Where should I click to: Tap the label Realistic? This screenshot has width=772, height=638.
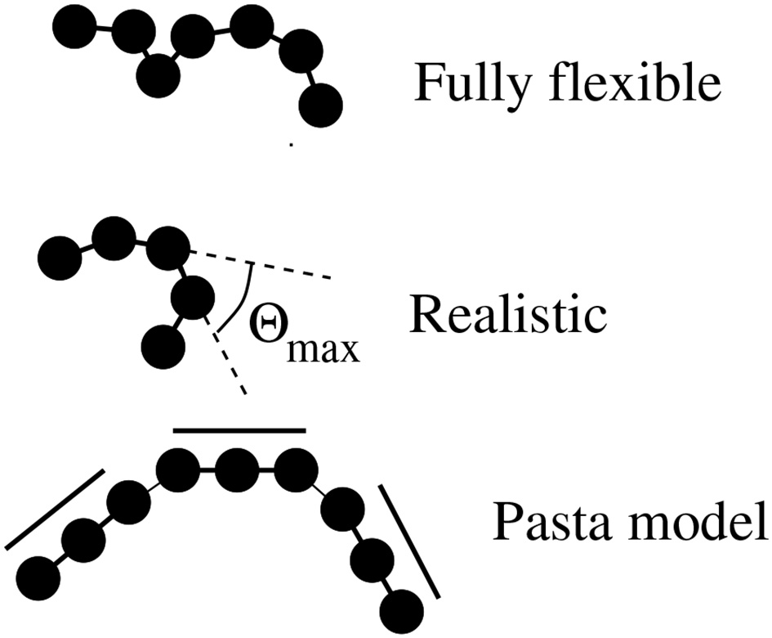click(x=507, y=314)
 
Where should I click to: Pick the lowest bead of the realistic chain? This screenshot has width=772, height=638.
click(x=161, y=347)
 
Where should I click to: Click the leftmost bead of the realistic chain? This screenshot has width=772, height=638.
click(x=60, y=257)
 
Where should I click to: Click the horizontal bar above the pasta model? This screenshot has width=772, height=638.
click(x=239, y=429)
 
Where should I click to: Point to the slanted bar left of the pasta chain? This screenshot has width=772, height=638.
click(x=55, y=509)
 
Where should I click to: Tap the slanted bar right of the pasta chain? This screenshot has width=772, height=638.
click(x=408, y=540)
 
